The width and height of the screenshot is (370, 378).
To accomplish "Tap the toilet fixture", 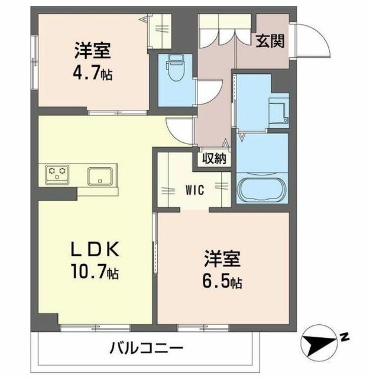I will (x=176, y=69).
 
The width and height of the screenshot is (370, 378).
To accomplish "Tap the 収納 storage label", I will (x=213, y=158).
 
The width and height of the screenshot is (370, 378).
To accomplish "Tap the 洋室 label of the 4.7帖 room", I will (x=93, y=51).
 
